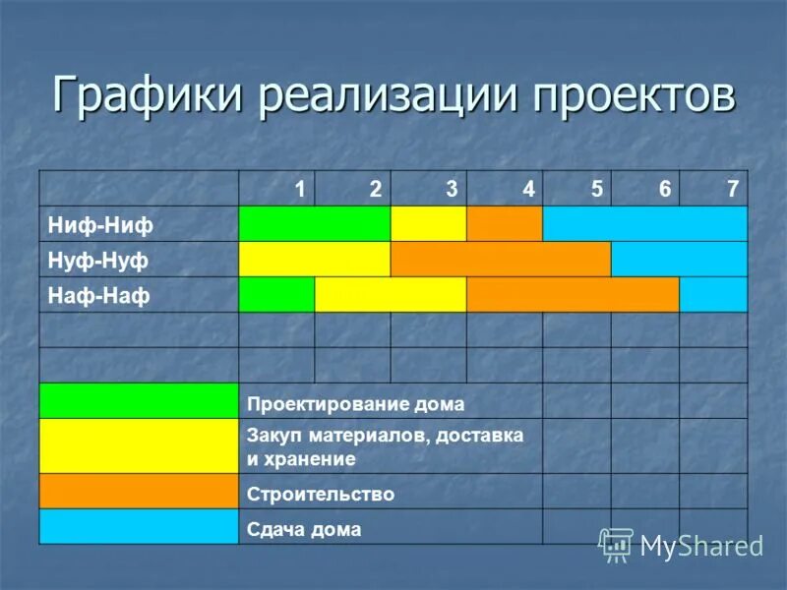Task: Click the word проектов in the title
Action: click(x=635, y=95)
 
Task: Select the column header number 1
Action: click(x=300, y=189)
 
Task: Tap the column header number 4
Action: click(x=529, y=189)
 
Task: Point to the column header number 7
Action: click(x=732, y=189)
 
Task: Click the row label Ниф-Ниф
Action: click(x=101, y=225)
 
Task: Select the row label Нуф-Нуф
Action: click(x=98, y=260)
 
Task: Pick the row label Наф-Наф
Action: click(x=98, y=295)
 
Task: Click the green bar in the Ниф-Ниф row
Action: click(x=315, y=224)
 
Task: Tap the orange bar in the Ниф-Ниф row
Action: click(x=505, y=224)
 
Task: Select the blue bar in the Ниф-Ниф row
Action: click(x=644, y=224)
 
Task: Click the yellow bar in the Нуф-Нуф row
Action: click(x=315, y=259)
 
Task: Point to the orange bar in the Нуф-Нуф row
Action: click(x=501, y=259)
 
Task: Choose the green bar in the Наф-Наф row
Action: click(x=276, y=294)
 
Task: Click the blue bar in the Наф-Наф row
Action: click(x=713, y=294)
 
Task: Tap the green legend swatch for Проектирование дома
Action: click(x=139, y=401)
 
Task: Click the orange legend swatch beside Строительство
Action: click(x=139, y=491)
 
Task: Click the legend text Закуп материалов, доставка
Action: click(x=385, y=434)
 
